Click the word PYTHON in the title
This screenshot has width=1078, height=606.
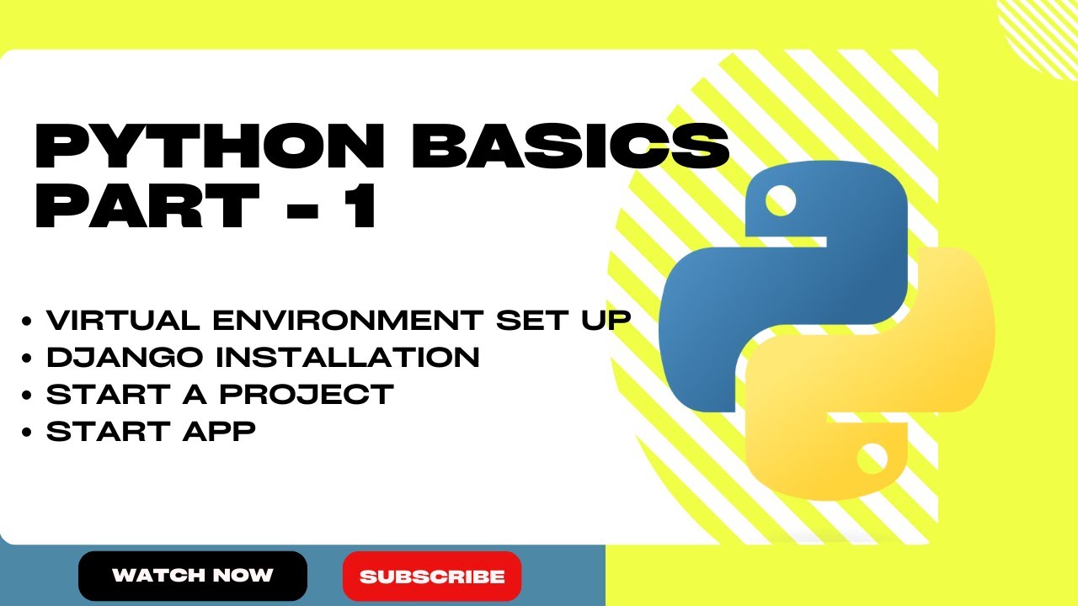pos(206,147)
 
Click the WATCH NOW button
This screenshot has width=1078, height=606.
pos(193,576)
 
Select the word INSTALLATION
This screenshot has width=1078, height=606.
pos(347,358)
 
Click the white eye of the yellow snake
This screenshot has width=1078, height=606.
pos(871,460)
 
